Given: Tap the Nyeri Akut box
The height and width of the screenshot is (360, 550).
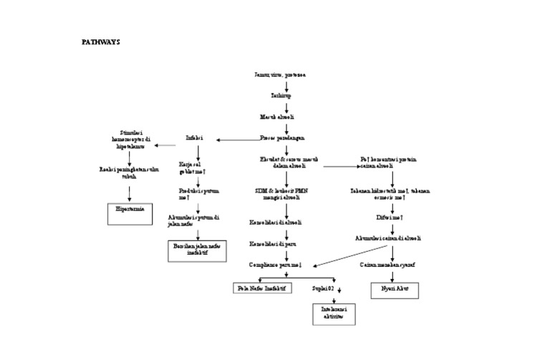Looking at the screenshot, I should click(x=393, y=291).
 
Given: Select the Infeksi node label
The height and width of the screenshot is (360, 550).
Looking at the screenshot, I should click(x=194, y=137).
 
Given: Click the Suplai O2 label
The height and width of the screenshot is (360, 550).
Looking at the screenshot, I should click(x=324, y=288).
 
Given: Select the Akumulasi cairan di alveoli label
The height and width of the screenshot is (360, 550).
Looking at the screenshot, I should click(x=388, y=237).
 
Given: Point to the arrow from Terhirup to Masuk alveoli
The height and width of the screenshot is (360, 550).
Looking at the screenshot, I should click(x=286, y=105).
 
